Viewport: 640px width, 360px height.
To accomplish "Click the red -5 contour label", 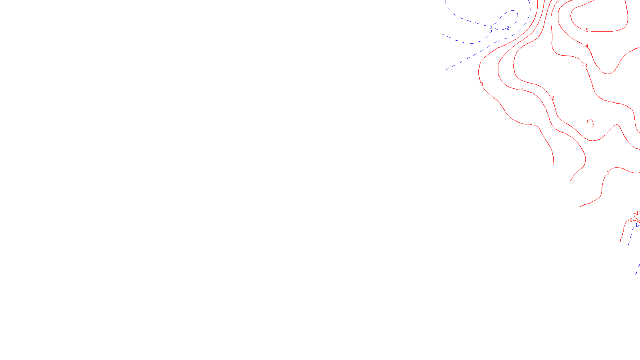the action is point(586,30).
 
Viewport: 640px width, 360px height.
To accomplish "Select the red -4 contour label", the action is point(586,46).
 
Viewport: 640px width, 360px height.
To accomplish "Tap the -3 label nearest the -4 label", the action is point(585,65).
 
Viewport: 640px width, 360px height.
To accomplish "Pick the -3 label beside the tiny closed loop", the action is point(592,125).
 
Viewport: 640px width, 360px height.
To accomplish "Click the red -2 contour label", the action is point(552,98).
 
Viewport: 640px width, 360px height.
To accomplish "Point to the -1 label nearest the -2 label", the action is point(521,90).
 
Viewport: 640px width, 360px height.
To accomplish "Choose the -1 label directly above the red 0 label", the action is point(636,213).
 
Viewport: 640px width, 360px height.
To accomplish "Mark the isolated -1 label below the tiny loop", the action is point(607,173).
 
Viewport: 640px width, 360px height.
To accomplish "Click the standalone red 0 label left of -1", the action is point(482,84).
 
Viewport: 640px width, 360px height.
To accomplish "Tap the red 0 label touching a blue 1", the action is point(631,220).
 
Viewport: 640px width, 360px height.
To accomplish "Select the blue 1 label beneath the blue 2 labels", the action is point(498,41).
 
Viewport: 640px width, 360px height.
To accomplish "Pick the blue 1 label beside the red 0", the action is point(636,226).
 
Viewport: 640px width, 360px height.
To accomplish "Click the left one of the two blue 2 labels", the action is point(491,28).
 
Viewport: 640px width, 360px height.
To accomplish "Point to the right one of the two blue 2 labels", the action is point(508,28).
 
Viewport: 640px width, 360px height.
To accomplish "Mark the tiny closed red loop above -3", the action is point(590,121).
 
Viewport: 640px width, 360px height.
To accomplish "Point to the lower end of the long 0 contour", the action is point(554,165).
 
